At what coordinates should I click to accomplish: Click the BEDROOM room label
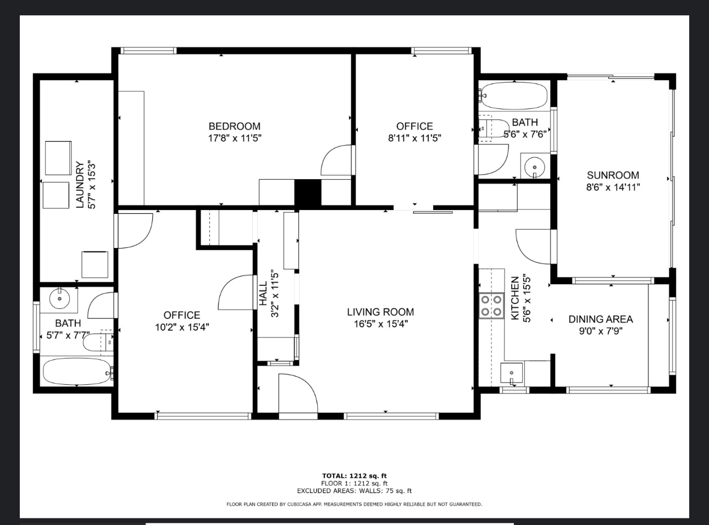click(x=234, y=126)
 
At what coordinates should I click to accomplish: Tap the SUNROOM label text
click(x=613, y=175)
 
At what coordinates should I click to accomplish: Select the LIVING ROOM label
click(x=380, y=312)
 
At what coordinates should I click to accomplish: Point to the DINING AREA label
click(x=601, y=319)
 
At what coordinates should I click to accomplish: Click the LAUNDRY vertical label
click(x=80, y=185)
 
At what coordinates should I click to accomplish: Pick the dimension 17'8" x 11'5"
click(x=235, y=138)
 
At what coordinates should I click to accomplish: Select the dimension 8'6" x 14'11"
click(x=613, y=187)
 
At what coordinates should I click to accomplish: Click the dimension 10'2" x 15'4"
click(x=182, y=327)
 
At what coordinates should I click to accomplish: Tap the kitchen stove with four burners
click(x=491, y=306)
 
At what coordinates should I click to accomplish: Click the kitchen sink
click(x=512, y=373)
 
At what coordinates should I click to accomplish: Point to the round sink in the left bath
click(x=59, y=298)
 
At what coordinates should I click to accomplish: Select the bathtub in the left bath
click(x=77, y=372)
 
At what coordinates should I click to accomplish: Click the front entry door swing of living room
click(x=298, y=393)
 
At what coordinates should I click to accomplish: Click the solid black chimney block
click(x=308, y=193)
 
